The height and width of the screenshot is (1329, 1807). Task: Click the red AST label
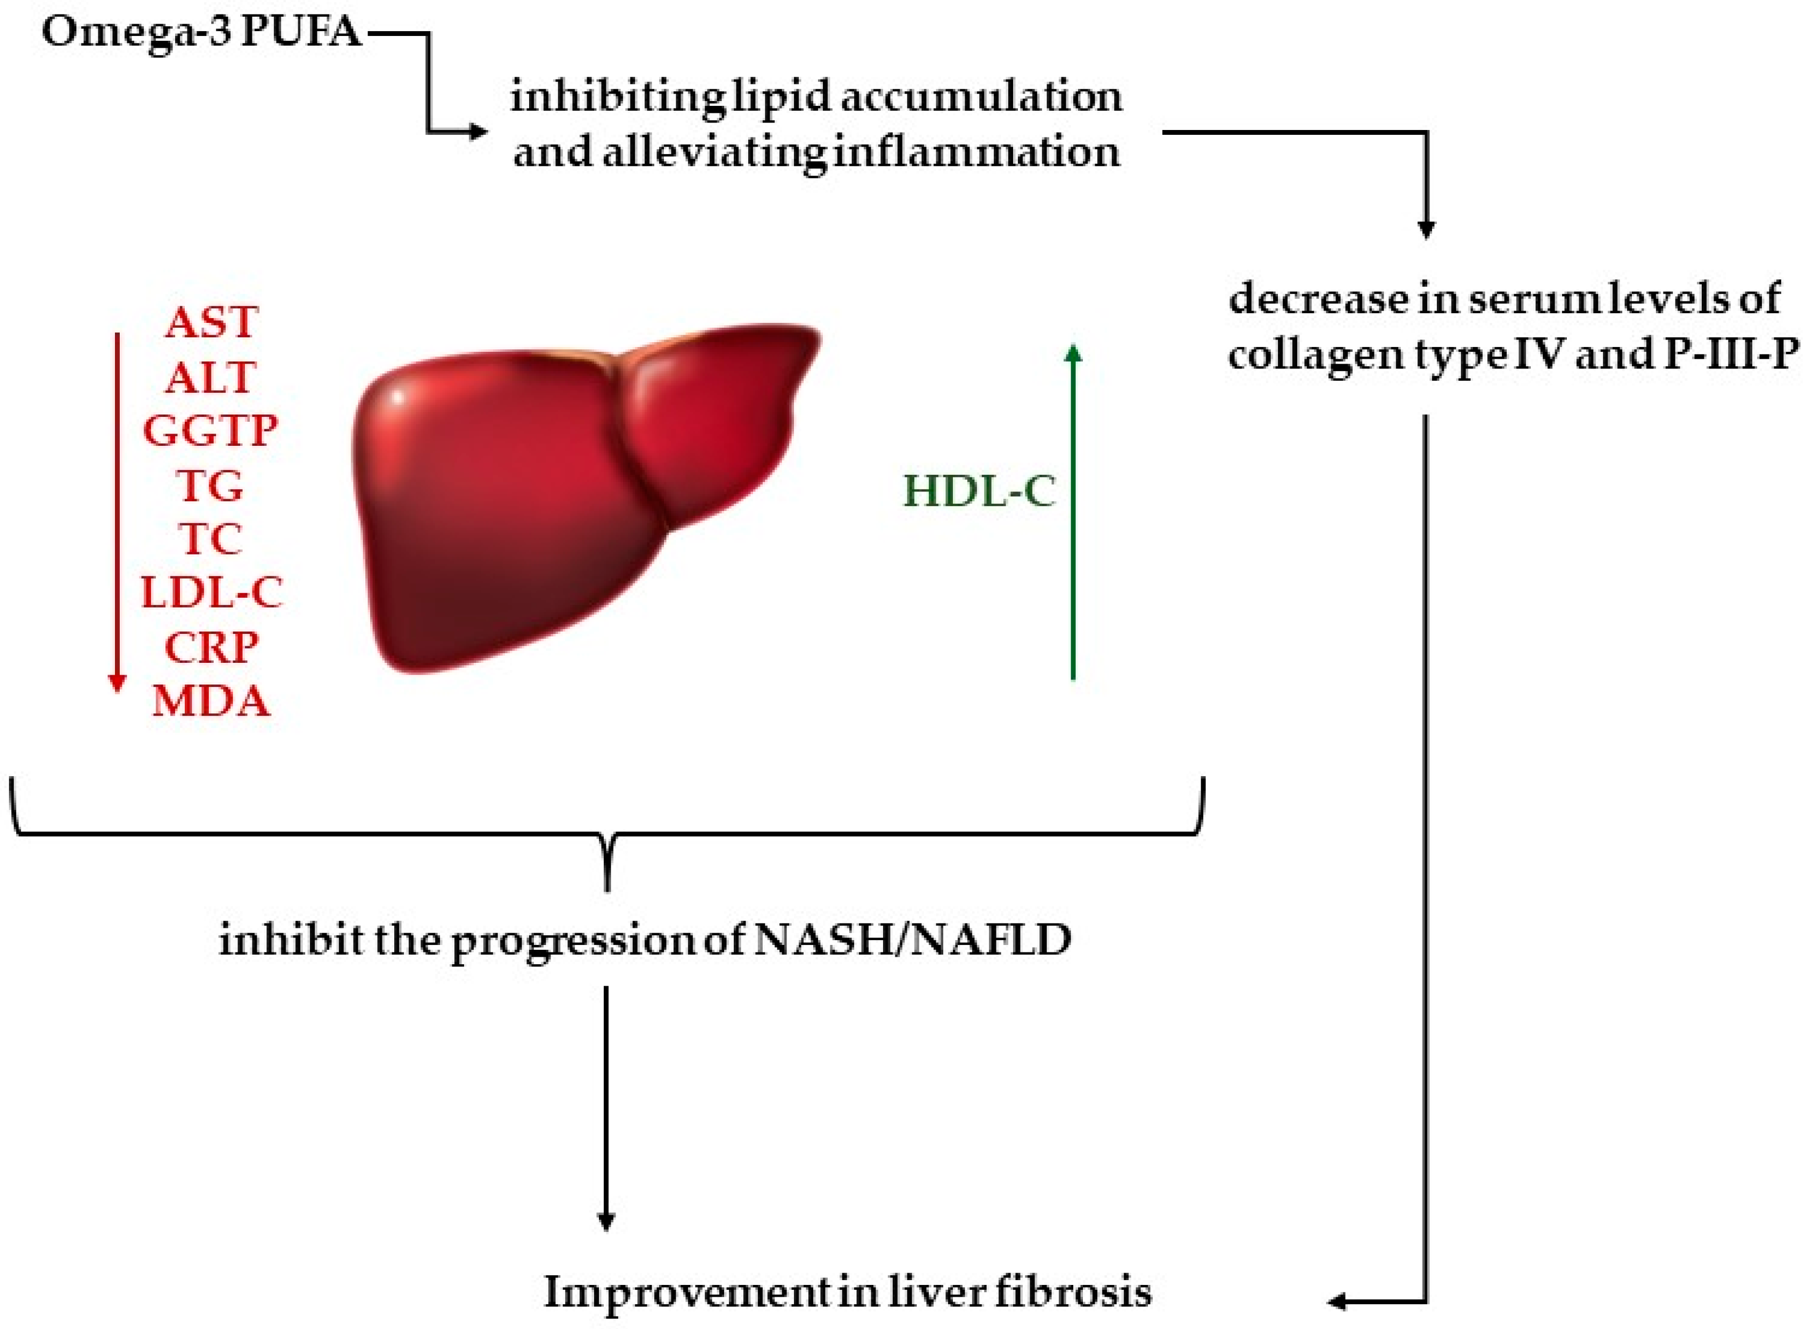[212, 323]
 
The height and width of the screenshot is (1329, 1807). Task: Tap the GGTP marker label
[211, 430]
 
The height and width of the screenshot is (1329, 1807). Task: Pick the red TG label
[210, 485]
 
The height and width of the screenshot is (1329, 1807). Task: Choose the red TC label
[211, 539]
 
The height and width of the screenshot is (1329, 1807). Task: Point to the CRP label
[212, 647]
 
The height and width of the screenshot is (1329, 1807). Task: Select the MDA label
[211, 700]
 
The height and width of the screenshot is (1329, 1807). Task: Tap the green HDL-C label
[979, 491]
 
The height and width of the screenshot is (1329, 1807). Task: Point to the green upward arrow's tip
[1073, 345]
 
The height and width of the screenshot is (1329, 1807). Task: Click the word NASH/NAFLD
[912, 939]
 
